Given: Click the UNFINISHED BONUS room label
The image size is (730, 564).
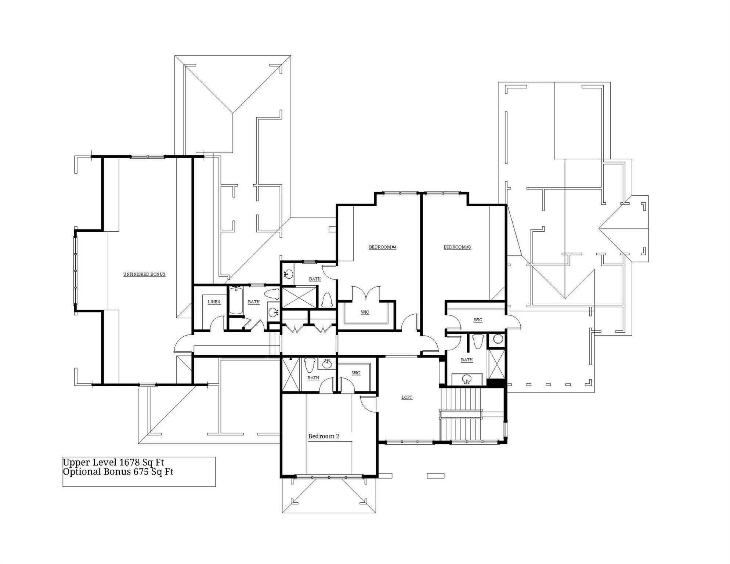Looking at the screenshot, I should point(144,274).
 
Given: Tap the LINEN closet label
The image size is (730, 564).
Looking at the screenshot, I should point(214,302).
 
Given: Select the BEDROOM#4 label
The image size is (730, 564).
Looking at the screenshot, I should point(383,247).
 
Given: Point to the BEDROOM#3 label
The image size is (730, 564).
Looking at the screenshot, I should point(457,247).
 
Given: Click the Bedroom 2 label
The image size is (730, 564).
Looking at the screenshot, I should point(324,436).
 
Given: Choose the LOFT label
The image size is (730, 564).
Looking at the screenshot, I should point(407,397).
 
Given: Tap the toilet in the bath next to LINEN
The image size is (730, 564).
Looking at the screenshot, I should point(272,294).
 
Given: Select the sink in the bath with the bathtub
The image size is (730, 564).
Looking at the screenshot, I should point(274,312).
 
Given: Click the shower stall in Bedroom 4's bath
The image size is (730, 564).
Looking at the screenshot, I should point(299,297).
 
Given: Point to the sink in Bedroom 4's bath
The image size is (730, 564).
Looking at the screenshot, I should point(288,274).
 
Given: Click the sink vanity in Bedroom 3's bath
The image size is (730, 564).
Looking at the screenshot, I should point(467,379).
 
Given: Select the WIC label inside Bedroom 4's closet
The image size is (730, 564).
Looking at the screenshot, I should point(365,312).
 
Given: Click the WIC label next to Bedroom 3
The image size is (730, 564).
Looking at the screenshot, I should point(478,320).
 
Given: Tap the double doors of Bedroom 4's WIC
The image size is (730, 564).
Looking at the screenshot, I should point(366,294).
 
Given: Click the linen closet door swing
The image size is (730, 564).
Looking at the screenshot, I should point(217,323).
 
